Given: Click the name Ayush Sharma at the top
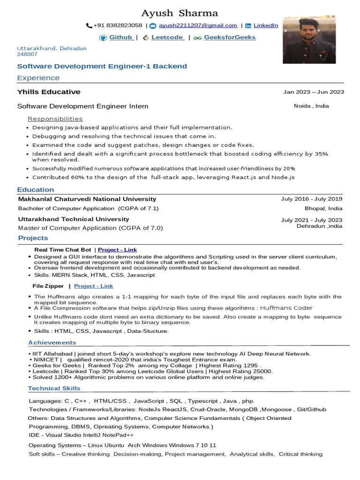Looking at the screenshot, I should pos(180,13).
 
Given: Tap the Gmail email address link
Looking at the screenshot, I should pos(198,25).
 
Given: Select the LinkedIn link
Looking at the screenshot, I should pos(266,25).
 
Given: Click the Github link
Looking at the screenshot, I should pos(121,37).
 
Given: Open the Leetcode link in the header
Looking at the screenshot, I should pos(167,37).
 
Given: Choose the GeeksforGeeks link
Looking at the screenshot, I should pos(230,37).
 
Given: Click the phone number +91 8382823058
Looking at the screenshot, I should pos(118,25).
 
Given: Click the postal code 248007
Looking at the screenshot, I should pos(27,54).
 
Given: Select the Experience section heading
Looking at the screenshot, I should pos(38,78).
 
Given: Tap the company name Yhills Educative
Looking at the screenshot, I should pos(49,92).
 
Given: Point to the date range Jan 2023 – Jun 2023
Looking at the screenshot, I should pos(314,92).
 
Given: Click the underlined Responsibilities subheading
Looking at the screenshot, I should pos(55,119).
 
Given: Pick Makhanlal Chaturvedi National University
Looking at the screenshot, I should pos(87,199).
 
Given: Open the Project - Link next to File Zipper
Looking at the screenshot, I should pos(93,286).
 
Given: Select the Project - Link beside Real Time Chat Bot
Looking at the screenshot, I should pos(117,250).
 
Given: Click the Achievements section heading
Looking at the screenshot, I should pos(52,343).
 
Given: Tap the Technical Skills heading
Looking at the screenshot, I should pos(54,388).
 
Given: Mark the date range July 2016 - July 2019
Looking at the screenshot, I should pos(312,199).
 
